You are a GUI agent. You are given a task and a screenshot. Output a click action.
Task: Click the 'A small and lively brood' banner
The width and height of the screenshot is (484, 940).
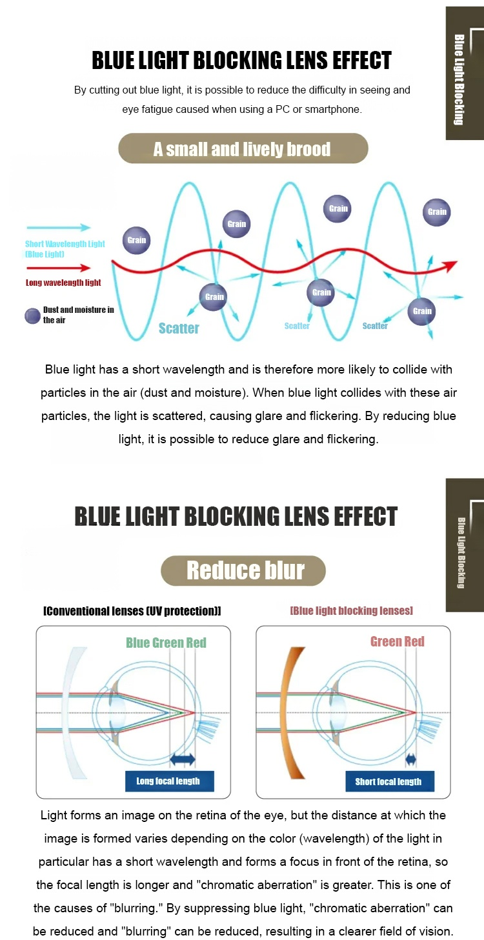click(x=243, y=148)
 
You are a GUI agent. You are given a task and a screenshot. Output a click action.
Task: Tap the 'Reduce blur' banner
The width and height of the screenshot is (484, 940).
click(x=243, y=571)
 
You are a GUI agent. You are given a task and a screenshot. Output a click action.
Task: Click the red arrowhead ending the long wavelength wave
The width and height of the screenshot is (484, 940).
click(x=450, y=266)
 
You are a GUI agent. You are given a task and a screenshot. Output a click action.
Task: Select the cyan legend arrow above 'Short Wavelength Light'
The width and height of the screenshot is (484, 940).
click(x=58, y=228)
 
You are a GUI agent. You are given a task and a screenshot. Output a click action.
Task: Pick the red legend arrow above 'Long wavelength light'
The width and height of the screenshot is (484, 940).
click(x=58, y=268)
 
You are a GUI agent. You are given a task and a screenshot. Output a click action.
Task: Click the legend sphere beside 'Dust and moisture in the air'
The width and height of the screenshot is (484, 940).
click(x=32, y=316)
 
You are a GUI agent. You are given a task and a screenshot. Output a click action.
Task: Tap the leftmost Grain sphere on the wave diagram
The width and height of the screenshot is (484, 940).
click(x=136, y=241)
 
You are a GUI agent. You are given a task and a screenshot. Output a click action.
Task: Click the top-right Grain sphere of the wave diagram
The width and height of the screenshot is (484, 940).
click(x=436, y=212)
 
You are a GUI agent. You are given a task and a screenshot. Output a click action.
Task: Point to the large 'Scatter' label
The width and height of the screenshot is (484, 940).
click(x=179, y=328)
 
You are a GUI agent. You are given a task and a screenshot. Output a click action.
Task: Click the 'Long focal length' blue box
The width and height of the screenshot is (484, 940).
click(x=170, y=781)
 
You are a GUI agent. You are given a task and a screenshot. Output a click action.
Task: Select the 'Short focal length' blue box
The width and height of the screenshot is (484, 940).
click(x=390, y=781)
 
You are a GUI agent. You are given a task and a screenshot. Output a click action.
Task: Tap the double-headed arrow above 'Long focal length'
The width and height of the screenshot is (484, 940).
click(x=183, y=759)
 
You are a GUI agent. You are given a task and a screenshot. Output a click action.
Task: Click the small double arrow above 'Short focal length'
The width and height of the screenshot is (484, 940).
click(x=411, y=759)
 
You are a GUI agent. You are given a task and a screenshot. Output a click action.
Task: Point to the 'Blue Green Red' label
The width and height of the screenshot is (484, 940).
click(x=166, y=643)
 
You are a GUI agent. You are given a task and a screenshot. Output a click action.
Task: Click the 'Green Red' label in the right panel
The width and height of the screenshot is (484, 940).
click(x=398, y=642)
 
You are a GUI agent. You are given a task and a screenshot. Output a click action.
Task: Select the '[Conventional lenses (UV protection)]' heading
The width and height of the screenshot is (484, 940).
click(x=132, y=611)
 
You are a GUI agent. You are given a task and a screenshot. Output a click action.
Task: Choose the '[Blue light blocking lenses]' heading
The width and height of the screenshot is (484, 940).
click(x=351, y=610)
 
